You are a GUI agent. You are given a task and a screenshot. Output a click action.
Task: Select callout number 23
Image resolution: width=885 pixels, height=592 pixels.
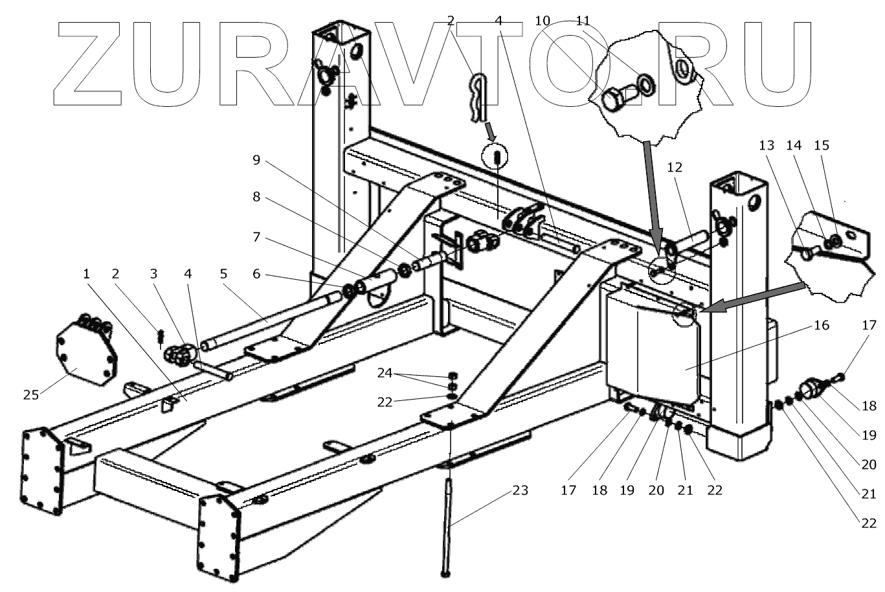(x=520, y=490)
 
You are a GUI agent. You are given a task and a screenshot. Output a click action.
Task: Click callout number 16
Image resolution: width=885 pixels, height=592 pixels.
(x=820, y=325)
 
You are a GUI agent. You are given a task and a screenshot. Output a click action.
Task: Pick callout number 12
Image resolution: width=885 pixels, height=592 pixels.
(x=674, y=167)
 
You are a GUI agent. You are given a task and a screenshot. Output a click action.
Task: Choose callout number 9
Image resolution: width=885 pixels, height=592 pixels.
(x=256, y=159)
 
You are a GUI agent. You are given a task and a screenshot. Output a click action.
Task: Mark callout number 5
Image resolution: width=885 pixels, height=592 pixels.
(x=224, y=274)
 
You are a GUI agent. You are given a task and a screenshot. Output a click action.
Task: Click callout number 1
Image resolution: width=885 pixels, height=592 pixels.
(x=86, y=274)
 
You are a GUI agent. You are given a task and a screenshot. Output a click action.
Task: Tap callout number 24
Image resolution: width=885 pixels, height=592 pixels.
(x=385, y=374)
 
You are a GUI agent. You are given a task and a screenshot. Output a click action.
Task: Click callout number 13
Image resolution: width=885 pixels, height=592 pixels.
(x=767, y=146)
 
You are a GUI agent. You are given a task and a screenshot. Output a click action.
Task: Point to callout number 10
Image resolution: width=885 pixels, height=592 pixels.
(x=543, y=21)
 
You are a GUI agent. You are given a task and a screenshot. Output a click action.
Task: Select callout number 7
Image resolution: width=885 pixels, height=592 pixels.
(x=256, y=238)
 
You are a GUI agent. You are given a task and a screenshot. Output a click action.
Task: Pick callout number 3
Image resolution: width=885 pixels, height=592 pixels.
(x=153, y=274)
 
